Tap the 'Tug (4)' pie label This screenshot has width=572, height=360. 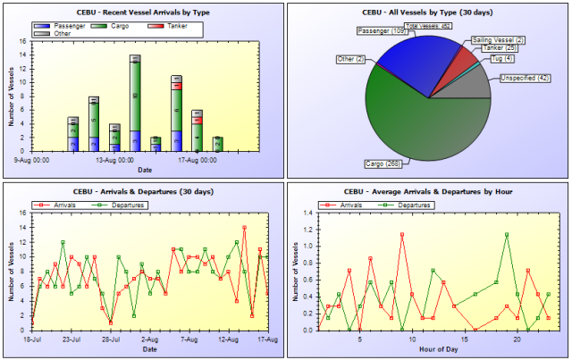(x=501, y=59)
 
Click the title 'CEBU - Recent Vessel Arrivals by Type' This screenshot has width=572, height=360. (x=143, y=12)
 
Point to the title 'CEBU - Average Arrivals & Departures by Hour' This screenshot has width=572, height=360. (x=429, y=192)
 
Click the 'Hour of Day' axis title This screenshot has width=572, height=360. (x=429, y=348)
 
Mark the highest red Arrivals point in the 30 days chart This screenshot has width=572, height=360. (x=244, y=228)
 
